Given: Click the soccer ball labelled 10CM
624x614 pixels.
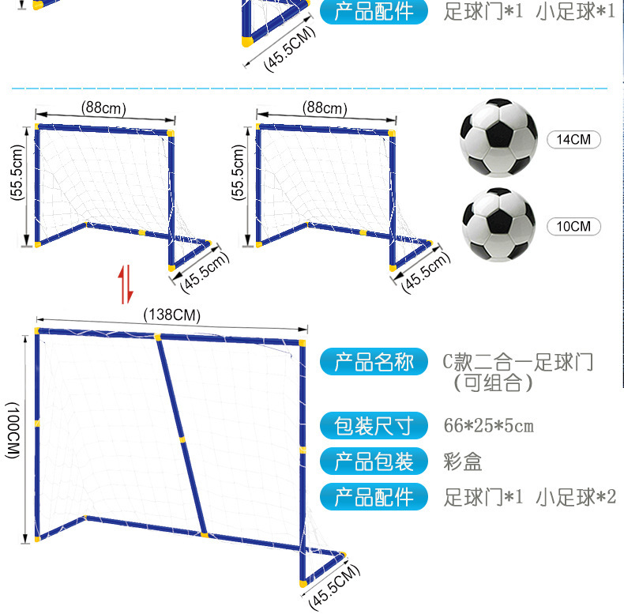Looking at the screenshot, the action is tap(498, 224).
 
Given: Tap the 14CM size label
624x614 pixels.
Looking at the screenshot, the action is tap(573, 140).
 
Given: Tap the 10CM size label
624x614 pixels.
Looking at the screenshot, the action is tap(573, 226).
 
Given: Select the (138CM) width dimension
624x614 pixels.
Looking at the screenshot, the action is tap(172, 315).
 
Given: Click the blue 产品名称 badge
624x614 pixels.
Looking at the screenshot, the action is tap(374, 363).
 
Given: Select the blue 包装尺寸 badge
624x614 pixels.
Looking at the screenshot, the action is tap(374, 427).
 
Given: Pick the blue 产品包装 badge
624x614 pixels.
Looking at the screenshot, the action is tap(374, 461).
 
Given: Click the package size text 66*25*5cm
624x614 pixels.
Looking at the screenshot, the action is tap(489, 427).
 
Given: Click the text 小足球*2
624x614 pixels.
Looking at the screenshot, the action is tap(575, 497).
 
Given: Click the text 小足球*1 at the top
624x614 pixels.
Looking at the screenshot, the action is tap(574, 12).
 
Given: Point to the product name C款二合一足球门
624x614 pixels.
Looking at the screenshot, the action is tap(517, 363).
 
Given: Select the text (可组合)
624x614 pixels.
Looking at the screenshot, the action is tap(493, 384).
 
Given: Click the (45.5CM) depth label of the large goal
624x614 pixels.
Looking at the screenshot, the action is tap(334, 587).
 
